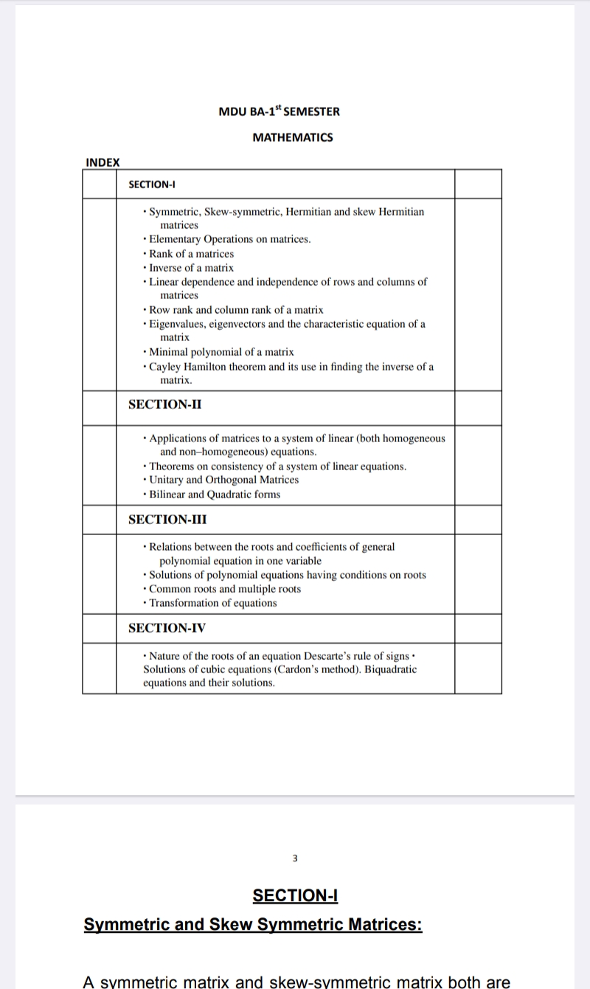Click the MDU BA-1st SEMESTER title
279,111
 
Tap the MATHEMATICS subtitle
293,137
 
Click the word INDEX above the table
103,162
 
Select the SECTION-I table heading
151,185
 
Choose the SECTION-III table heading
167,520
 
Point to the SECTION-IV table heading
167,628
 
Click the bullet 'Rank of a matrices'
191,254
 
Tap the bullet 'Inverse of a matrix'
191,268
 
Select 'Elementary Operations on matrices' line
229,239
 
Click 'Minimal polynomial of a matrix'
221,352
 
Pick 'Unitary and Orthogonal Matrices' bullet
223,480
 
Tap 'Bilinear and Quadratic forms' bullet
215,494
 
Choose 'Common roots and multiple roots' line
225,589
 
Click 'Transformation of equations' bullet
213,603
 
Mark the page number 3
295,858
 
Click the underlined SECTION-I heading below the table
295,896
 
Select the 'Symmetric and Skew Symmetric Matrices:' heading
253,925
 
